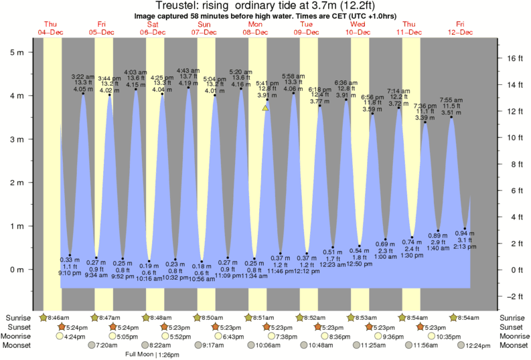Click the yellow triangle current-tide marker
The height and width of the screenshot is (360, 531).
266,107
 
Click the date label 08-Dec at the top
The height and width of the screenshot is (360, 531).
256,32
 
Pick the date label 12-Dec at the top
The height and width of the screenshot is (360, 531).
461,32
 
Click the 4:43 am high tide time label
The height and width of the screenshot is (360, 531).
188,70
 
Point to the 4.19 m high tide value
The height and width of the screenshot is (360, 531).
188,84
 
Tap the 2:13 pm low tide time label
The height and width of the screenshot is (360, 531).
465,247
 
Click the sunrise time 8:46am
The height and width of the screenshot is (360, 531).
57,318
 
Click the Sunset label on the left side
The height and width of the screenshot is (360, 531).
19,327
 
